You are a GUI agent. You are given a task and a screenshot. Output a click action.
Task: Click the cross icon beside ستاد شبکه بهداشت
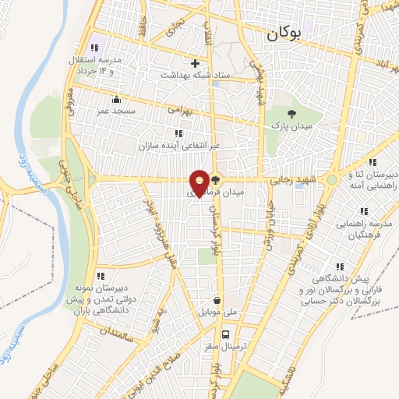(x=195, y=63)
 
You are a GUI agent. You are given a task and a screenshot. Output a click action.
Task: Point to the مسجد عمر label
(x=117, y=111)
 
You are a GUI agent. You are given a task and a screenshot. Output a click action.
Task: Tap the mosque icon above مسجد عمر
(x=117, y=99)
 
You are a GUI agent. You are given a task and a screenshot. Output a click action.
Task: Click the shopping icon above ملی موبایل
(x=217, y=300)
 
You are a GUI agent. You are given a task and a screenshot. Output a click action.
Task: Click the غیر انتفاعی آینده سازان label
(x=170, y=146)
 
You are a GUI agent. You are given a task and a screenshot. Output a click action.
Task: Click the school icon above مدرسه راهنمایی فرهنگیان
(x=363, y=210)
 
